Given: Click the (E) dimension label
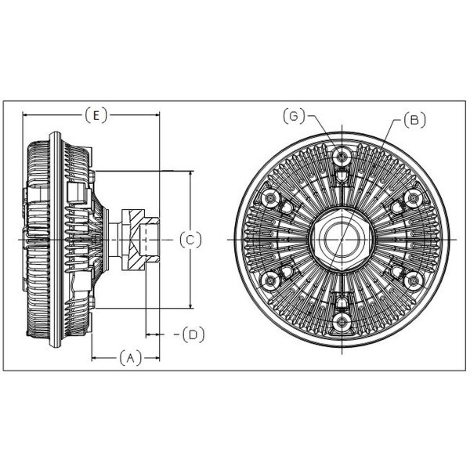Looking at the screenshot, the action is (x=96, y=115).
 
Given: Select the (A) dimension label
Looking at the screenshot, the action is (x=130, y=358).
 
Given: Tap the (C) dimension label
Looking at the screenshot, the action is (x=190, y=240).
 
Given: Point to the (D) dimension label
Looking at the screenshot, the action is (x=193, y=334).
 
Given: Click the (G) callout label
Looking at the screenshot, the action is (x=294, y=116).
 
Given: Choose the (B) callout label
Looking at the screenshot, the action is (x=415, y=120).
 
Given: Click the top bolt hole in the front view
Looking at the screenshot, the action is (x=342, y=156).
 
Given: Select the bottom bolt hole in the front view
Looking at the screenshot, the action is (x=342, y=322).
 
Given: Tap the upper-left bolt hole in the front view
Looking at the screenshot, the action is (x=270, y=198).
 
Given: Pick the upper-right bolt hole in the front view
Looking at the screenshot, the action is (x=414, y=198).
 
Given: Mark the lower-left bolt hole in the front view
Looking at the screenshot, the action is (x=270, y=280).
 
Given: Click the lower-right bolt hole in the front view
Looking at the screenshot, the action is (x=414, y=280).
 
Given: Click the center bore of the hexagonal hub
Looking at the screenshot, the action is (x=342, y=239).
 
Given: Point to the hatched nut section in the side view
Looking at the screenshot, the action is (x=136, y=240).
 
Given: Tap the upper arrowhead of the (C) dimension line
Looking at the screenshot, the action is (x=191, y=175).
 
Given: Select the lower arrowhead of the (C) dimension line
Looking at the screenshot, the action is (x=191, y=304).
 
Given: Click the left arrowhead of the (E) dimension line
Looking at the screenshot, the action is (x=27, y=115).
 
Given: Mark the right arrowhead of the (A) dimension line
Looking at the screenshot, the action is (x=156, y=358).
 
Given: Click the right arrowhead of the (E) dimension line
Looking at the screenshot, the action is (x=156, y=115).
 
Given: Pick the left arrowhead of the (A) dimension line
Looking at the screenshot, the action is (x=96, y=358).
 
